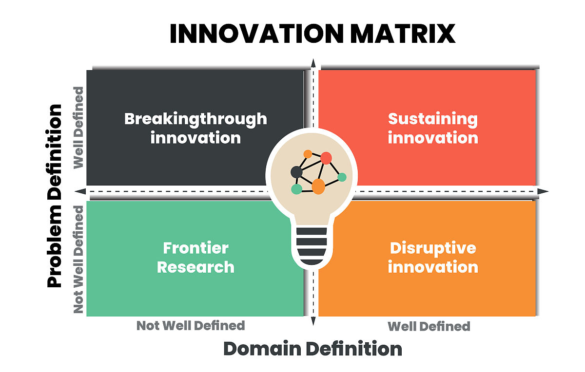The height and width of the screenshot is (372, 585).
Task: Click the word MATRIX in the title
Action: tap(403, 34)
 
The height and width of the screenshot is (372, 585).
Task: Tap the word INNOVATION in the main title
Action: tap(256, 34)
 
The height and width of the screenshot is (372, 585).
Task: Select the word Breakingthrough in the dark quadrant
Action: tap(195, 119)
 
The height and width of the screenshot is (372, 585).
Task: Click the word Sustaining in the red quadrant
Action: tap(433, 119)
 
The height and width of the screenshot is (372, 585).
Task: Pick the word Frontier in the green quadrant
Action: tap(196, 248)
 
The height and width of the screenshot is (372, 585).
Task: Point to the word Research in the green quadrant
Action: tap(195, 267)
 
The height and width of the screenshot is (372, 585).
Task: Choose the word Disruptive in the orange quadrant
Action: tap(433, 248)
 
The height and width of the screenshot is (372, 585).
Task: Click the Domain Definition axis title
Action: tap(312, 349)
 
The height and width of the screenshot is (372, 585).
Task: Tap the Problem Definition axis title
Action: tap(54, 196)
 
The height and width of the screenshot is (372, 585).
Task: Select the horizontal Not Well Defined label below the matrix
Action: tap(191, 326)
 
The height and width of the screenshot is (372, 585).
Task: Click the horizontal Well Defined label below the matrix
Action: tap(429, 326)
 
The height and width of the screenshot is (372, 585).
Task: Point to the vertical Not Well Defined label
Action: tap(78, 260)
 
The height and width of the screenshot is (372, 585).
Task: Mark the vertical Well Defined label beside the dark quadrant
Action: tap(78, 128)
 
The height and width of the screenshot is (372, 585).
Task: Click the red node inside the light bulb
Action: tap(326, 158)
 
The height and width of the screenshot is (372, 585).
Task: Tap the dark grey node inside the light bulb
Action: tap(296, 172)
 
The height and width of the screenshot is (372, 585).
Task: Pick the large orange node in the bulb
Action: tap(318, 186)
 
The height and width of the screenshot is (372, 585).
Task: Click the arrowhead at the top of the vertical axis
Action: tap(313, 63)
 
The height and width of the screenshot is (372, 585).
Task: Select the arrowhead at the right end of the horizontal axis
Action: tap(543, 191)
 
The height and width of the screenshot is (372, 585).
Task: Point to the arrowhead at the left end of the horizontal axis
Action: tap(80, 191)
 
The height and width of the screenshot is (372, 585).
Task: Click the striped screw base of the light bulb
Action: tap(312, 246)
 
